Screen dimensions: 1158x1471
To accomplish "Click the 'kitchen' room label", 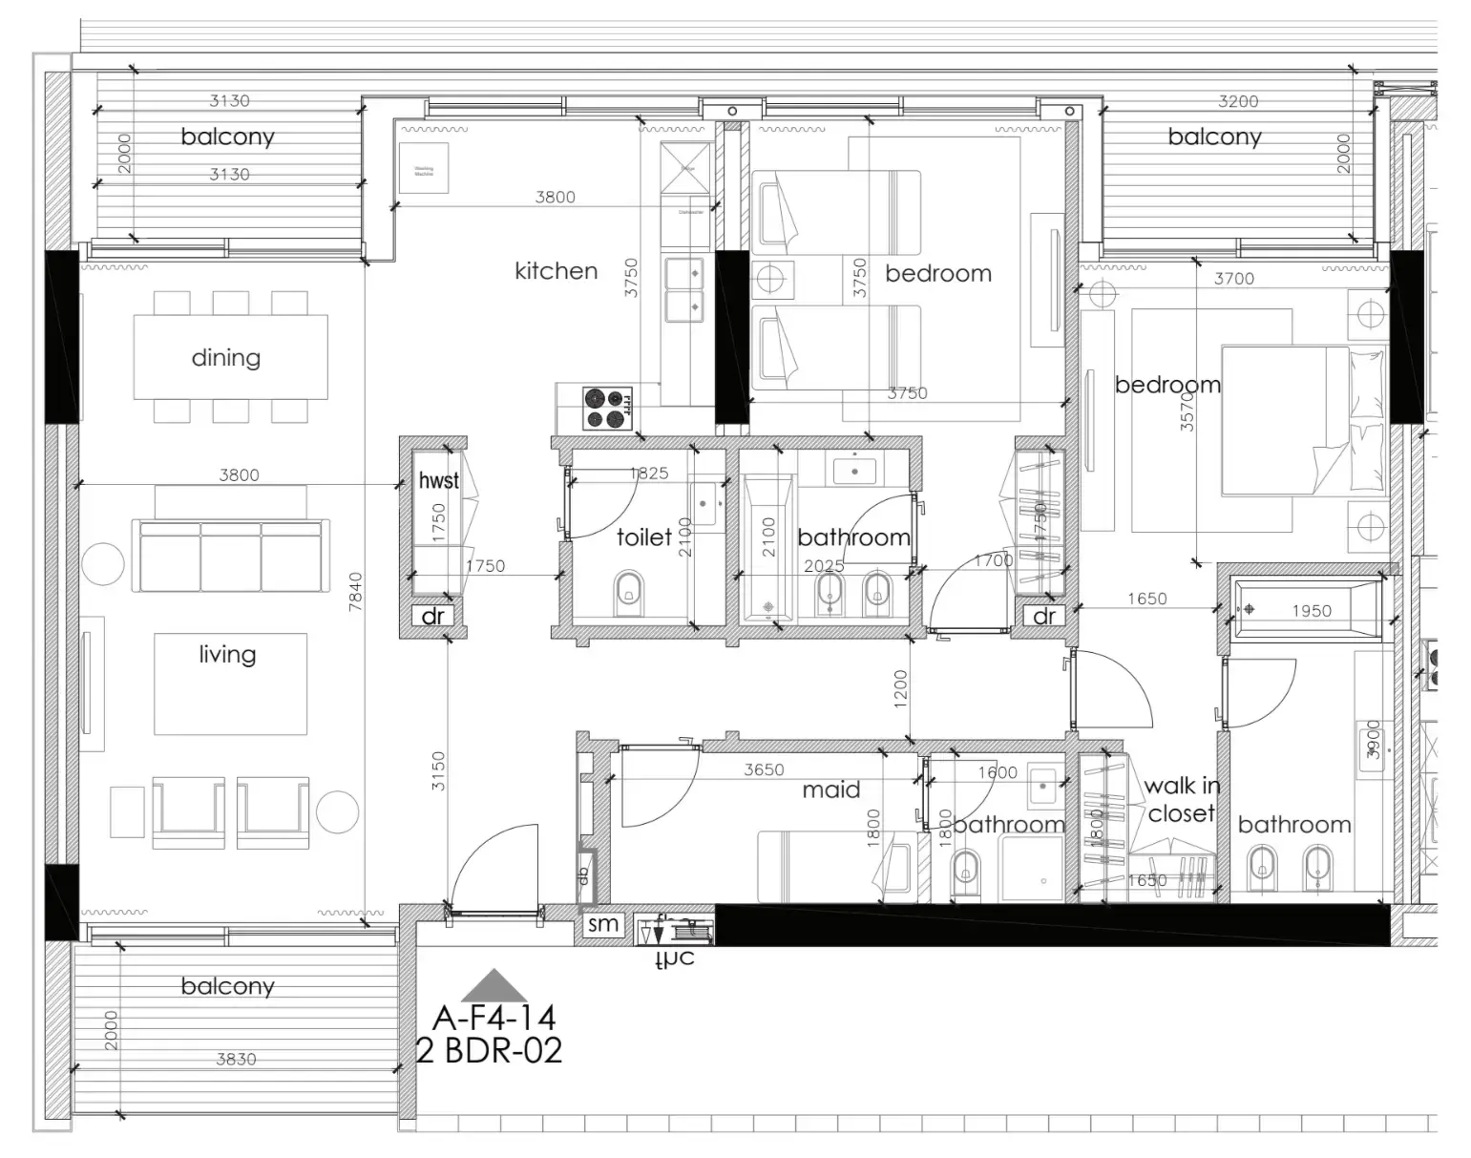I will point(556,271).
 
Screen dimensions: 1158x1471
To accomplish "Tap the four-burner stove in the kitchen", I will point(607,408).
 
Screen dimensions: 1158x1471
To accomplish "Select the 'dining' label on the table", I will point(225,358).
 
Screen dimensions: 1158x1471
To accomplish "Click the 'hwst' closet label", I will point(438,480).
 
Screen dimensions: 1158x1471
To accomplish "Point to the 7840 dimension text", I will point(355,592).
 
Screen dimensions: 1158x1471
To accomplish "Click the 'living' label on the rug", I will point(227,655).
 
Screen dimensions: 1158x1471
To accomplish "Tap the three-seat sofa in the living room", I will point(230,555).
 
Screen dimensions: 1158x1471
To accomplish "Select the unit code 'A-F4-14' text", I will point(494,1017).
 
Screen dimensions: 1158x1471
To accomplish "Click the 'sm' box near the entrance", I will point(602,924).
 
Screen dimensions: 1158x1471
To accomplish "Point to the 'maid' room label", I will point(830,790).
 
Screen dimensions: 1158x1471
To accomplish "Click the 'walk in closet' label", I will point(1182,800).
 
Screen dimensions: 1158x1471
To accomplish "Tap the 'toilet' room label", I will point(643,537).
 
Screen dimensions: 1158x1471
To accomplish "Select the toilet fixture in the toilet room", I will point(628,591).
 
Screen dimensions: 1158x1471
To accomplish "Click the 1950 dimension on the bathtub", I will point(1311,611).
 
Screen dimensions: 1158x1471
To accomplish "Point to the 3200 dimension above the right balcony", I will point(1238,101).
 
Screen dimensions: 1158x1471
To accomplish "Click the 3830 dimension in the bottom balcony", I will point(236,1059).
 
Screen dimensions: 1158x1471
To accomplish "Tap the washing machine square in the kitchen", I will point(423,168).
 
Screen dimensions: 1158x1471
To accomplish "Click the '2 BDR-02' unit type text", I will point(490,1050).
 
